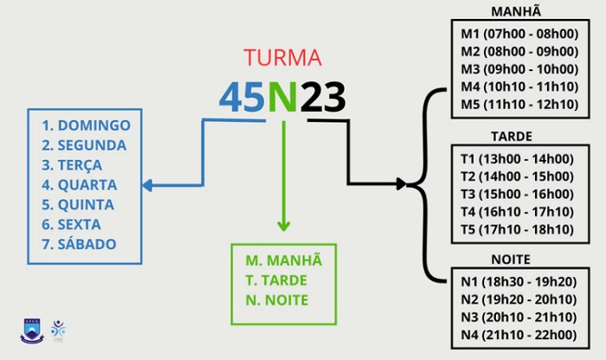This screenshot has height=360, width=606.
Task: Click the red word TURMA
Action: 282,59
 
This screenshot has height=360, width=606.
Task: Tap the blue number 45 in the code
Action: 242,98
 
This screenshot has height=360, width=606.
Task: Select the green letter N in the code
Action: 282,98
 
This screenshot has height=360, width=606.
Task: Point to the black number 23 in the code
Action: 323,98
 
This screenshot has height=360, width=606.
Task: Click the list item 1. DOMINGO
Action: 86,125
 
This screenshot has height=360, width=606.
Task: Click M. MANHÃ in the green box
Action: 283,260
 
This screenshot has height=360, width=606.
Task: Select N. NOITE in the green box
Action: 278,300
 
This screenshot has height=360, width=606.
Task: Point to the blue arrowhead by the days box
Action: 147,184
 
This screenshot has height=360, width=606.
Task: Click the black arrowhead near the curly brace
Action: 400,184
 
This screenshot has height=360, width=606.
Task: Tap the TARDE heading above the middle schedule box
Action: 511,137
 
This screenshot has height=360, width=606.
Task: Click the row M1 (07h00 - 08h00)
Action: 519,35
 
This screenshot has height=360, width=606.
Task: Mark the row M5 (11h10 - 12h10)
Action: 519,106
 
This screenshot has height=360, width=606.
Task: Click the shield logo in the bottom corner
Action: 32,331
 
